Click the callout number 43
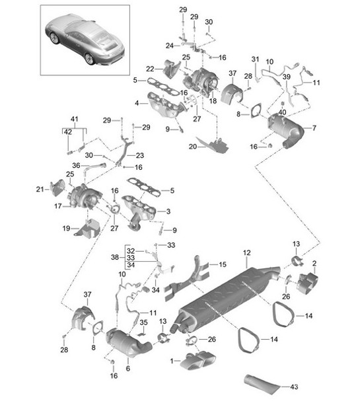coord(294,387)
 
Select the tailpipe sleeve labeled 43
coord(264,383)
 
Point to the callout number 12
coord(246,253)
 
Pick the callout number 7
coord(314,127)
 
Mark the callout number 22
coord(150,69)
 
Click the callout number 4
coord(137,103)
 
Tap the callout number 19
coord(66,228)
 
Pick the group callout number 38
coord(115,256)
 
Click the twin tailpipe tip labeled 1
coord(194,362)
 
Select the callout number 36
coord(75,166)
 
